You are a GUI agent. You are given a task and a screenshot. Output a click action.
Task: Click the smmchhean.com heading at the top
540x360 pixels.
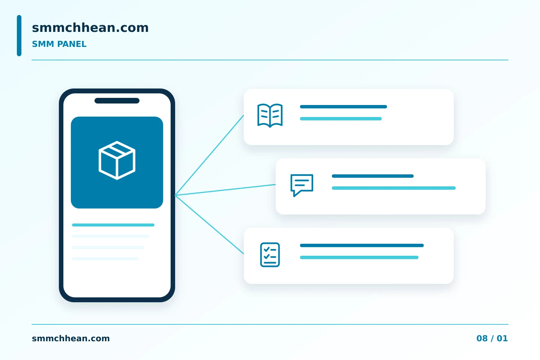click(x=90, y=28)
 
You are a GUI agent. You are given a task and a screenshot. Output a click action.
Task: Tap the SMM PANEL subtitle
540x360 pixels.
click(x=59, y=44)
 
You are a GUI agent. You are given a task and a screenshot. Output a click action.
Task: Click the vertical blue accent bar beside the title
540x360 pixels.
click(x=19, y=36)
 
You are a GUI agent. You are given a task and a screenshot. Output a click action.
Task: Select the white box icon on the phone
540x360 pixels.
click(x=117, y=160)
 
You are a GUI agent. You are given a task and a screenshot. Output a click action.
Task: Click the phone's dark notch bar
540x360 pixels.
click(x=117, y=100)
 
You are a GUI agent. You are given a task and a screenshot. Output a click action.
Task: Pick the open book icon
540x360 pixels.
click(x=270, y=115)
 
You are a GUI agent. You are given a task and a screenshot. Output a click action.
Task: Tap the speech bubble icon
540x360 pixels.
click(x=302, y=185)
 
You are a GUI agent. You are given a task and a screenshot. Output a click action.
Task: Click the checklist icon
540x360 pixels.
click(x=270, y=255)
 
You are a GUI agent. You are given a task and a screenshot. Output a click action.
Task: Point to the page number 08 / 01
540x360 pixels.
click(x=492, y=338)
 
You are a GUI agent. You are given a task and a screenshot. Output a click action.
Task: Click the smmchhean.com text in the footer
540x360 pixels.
click(x=70, y=338)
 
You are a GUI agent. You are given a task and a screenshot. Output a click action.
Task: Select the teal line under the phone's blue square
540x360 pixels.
click(x=113, y=225)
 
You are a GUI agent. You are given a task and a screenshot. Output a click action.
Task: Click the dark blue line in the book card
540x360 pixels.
click(x=343, y=106)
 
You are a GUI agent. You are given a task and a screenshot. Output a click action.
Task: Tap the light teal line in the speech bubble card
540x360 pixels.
click(x=394, y=188)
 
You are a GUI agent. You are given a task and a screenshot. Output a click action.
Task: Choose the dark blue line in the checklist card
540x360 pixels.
click(x=361, y=246)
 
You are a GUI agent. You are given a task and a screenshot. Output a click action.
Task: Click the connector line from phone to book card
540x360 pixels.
click(x=209, y=155)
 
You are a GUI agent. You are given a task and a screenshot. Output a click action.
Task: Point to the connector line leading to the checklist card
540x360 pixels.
click(x=209, y=225)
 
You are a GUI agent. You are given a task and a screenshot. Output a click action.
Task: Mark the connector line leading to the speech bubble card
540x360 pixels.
click(x=225, y=190)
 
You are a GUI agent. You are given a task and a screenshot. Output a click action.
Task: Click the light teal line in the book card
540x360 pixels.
click(x=340, y=118)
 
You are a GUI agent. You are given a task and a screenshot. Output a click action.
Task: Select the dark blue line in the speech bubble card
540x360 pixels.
click(x=373, y=176)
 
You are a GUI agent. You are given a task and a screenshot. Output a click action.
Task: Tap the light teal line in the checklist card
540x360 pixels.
click(x=359, y=258)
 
